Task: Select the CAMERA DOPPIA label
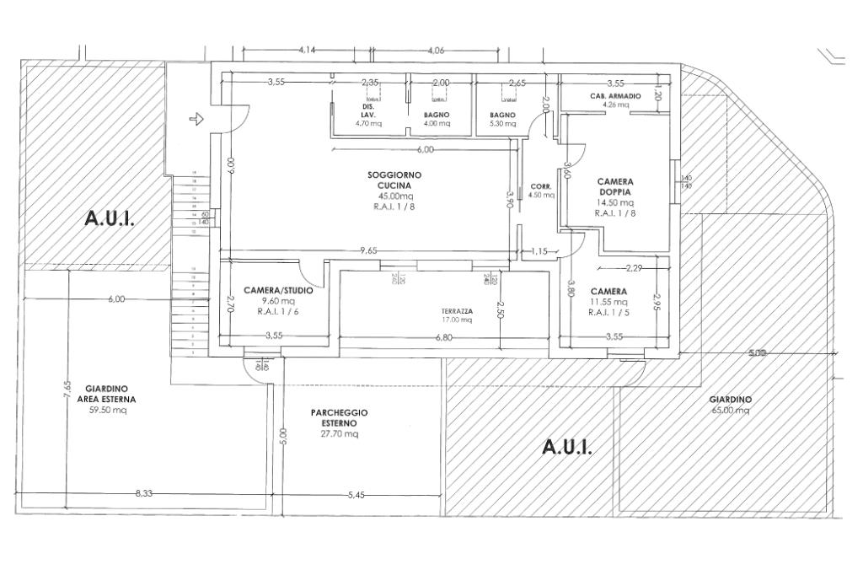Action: pyautogui.click(x=615, y=186)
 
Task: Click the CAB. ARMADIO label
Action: pyautogui.click(x=615, y=97)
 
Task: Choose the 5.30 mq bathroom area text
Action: pyautogui.click(x=502, y=124)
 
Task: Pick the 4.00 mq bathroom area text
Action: pyautogui.click(x=437, y=124)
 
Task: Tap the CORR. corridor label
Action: pyautogui.click(x=540, y=186)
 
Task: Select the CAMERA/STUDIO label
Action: pyautogui.click(x=278, y=290)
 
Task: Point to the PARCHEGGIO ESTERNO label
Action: pyautogui.click(x=339, y=418)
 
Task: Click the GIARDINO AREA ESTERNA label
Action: pyautogui.click(x=106, y=394)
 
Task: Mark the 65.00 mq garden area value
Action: pyautogui.click(x=730, y=411)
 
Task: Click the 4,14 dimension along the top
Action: pyautogui.click(x=307, y=51)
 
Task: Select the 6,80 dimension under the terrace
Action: pyautogui.click(x=443, y=337)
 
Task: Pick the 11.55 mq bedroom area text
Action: pyautogui.click(x=609, y=301)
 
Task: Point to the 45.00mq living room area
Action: pyautogui.click(x=394, y=196)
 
